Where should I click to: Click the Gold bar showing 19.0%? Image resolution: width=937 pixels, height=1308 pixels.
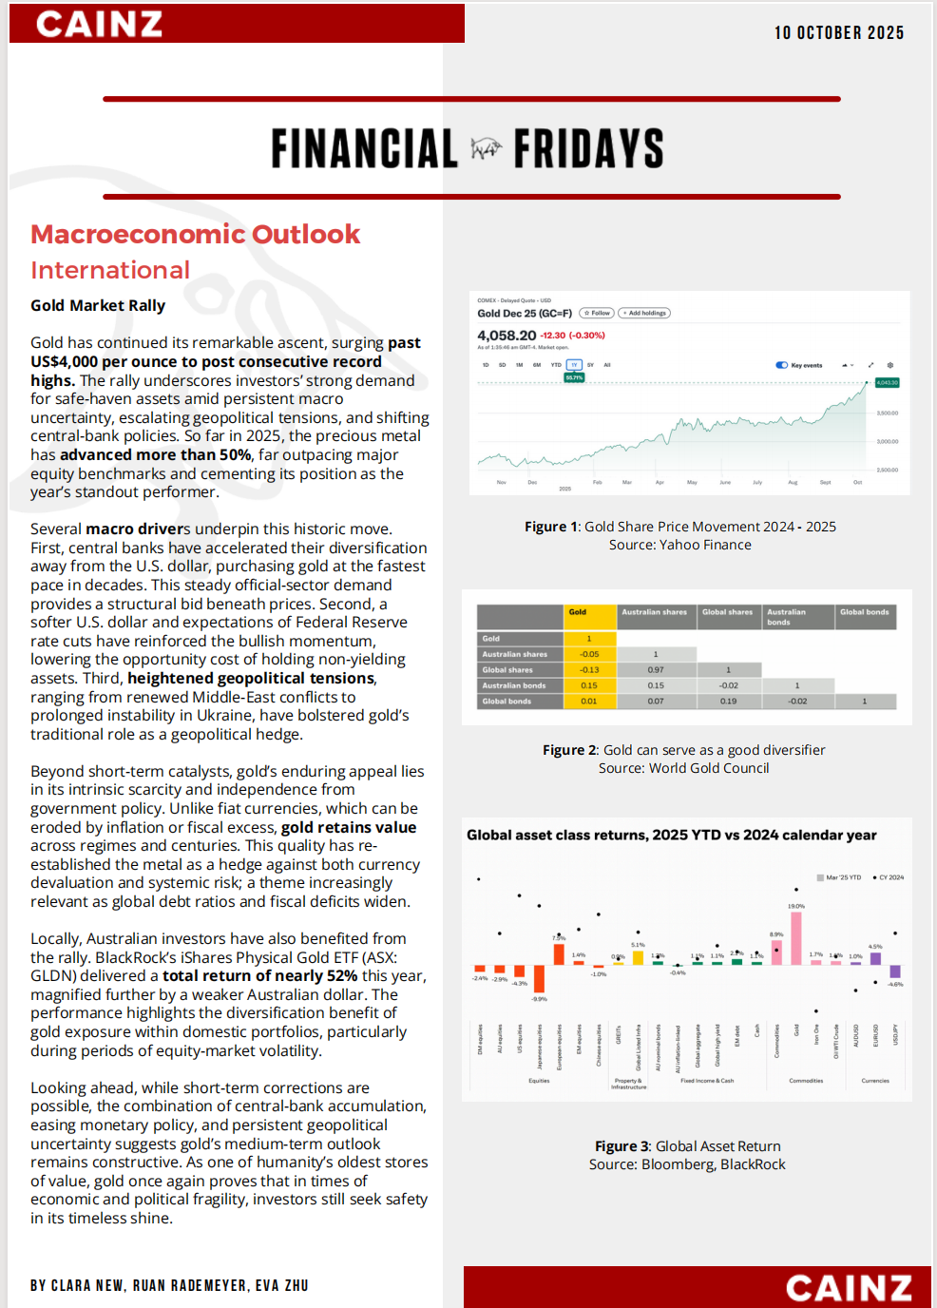796,938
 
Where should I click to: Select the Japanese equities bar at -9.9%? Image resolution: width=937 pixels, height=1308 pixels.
539,979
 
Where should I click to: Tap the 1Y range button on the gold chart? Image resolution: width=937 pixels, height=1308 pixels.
574,365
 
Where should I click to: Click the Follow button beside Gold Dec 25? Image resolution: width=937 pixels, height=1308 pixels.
598,313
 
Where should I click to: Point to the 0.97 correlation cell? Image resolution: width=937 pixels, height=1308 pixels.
656,670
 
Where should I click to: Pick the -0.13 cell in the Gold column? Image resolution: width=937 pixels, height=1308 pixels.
589,670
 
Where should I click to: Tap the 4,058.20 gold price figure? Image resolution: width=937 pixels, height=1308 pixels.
507,336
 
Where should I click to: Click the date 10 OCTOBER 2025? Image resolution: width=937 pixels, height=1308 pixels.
839,33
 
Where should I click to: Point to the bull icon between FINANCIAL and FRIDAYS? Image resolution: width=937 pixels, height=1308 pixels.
486,149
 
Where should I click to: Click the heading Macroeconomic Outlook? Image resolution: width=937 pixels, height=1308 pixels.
195,235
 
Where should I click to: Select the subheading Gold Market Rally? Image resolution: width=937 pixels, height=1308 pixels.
98,306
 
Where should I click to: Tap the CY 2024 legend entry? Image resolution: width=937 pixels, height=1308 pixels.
889,877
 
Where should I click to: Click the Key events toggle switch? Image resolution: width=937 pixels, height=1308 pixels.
782,365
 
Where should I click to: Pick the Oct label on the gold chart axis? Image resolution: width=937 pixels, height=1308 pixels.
857,482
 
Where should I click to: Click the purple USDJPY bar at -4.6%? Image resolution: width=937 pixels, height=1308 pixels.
895,971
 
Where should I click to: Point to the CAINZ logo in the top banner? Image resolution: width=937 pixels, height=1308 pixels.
99,24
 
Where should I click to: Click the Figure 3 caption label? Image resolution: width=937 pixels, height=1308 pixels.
622,1146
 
